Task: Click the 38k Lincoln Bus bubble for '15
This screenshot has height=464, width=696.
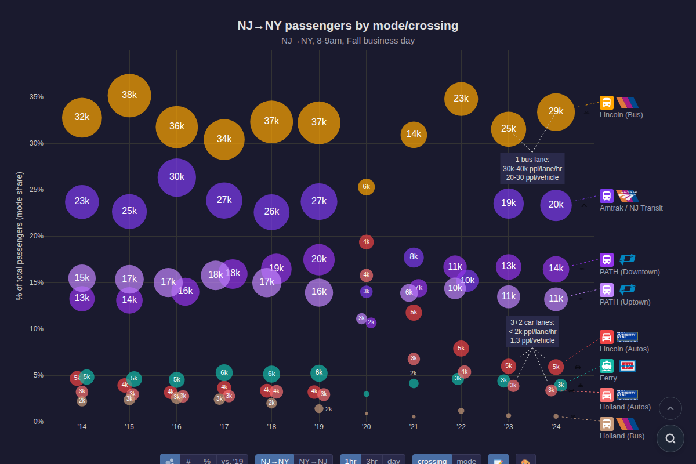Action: tap(129, 96)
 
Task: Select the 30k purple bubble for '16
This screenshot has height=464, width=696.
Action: tap(177, 177)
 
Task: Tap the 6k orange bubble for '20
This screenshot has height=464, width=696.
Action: tap(366, 187)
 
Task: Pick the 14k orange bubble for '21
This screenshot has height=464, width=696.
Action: tap(414, 135)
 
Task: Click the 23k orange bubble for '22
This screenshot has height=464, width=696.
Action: tap(461, 99)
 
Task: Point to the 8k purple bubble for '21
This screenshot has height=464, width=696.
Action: tap(414, 257)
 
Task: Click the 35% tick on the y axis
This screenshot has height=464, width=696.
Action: tap(37, 97)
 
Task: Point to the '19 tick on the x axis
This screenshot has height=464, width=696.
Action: tap(319, 427)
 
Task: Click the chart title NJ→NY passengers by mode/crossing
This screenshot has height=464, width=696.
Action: tap(348, 26)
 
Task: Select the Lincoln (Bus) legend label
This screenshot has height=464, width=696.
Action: tap(621, 115)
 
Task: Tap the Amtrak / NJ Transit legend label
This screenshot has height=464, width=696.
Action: tap(631, 208)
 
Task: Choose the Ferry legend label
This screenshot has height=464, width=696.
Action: tap(608, 378)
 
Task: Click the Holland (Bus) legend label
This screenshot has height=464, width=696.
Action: tap(622, 436)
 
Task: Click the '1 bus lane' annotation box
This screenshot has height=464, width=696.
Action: tap(532, 168)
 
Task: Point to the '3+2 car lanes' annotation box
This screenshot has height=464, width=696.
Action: tap(532, 331)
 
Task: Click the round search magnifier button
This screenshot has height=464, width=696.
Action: tap(670, 438)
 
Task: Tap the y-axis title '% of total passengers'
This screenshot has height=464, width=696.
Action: tap(20, 236)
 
